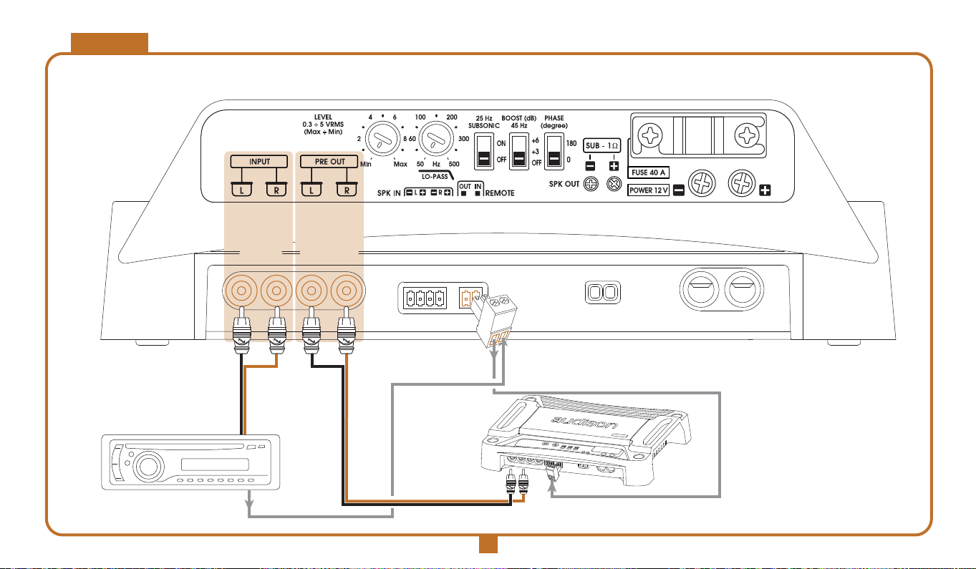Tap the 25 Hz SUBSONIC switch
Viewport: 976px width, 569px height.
(483, 150)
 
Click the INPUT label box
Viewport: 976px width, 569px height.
(259, 161)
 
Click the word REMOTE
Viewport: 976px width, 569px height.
(499, 193)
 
